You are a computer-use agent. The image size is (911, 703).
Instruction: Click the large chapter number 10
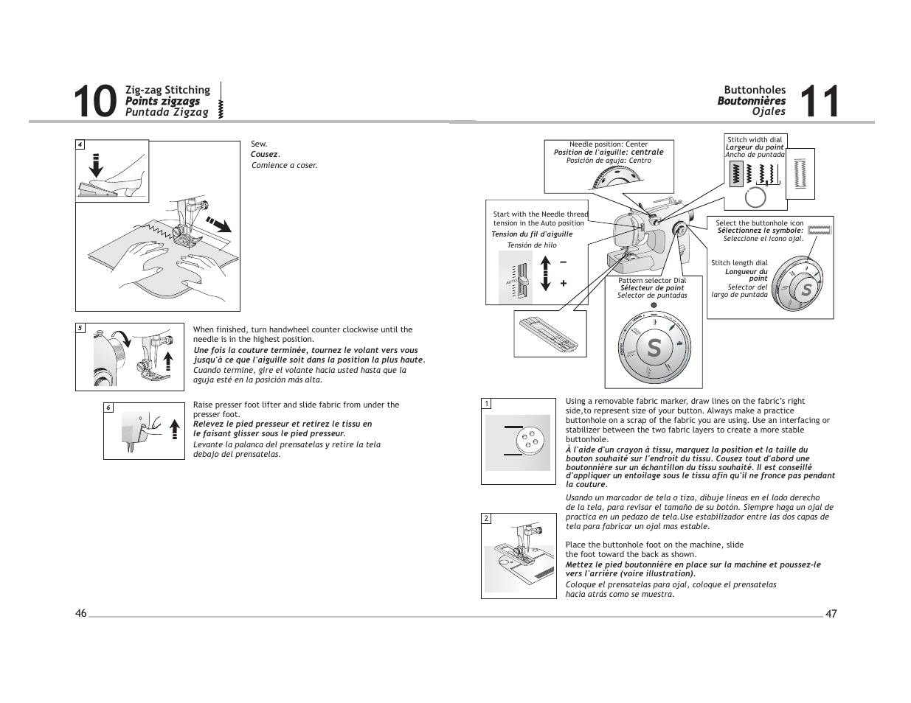95,102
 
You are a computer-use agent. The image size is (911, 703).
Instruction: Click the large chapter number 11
819,102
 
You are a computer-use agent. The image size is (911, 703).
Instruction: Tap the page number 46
80,614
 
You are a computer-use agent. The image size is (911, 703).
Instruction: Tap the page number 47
831,614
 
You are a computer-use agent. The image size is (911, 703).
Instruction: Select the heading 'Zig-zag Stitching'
167,90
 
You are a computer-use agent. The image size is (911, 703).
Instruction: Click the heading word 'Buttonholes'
755,90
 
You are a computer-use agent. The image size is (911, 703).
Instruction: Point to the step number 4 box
80,144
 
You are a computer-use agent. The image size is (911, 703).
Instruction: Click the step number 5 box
80,328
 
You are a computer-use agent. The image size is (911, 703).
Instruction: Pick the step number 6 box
108,408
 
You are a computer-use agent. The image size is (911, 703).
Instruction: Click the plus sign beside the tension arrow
564,283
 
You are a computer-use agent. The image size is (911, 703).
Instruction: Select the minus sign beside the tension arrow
564,262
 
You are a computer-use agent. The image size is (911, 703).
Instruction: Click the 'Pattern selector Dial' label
652,281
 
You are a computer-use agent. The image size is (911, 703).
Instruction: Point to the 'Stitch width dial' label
755,139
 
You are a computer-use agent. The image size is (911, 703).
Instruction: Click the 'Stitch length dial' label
739,263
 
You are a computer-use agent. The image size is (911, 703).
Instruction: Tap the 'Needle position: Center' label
609,144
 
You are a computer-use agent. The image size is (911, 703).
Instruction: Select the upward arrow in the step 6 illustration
174,428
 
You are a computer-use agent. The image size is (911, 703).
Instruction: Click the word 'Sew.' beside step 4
259,144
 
